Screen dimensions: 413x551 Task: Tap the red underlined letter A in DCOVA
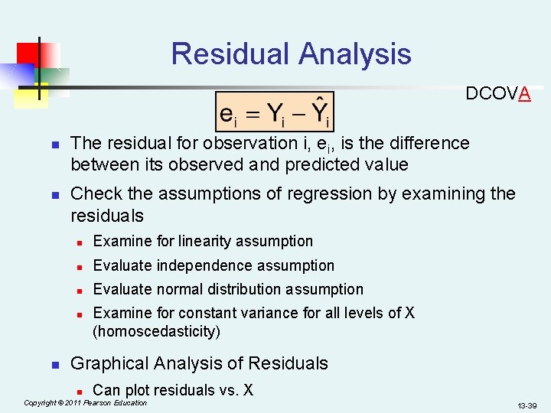524,94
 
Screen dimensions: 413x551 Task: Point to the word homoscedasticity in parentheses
156,331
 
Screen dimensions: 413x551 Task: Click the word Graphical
109,363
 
